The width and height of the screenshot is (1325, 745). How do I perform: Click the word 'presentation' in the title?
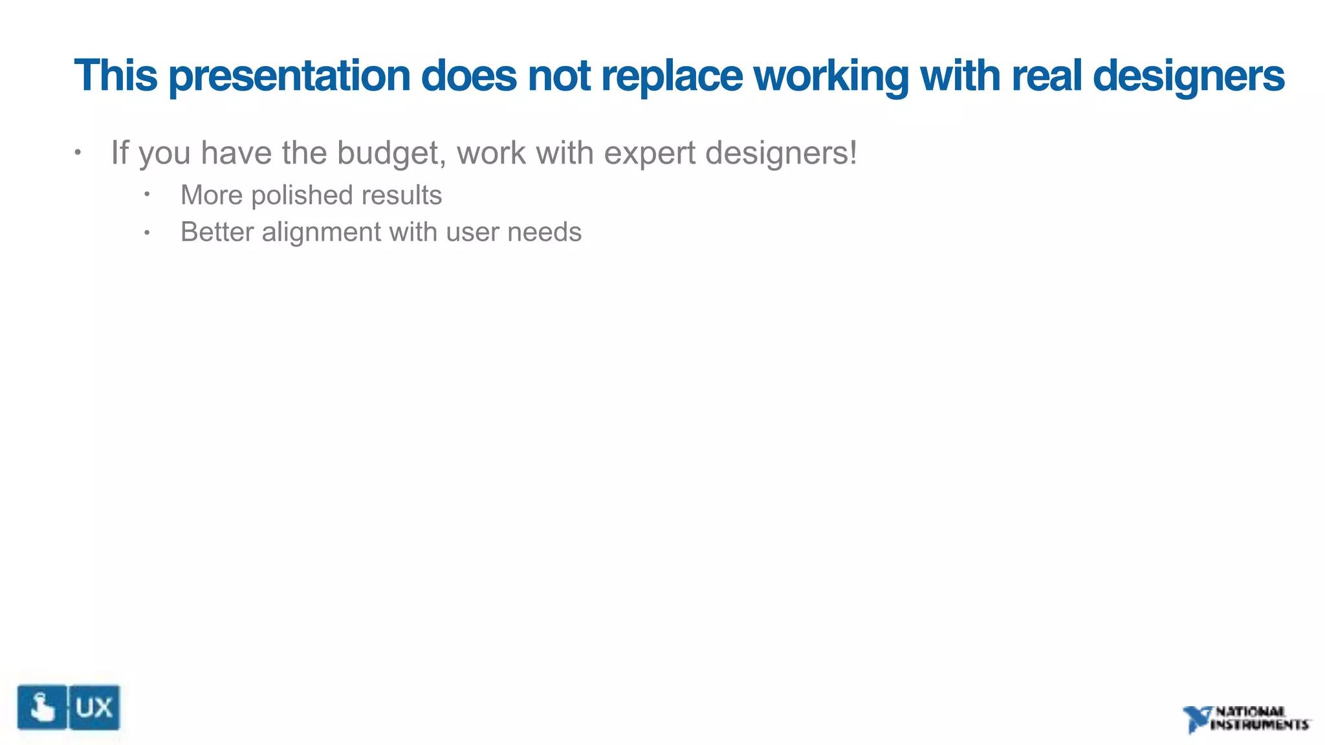point(289,76)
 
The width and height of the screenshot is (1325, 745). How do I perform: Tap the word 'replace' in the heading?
point(672,76)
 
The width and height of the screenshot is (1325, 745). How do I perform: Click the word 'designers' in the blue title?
point(1188,76)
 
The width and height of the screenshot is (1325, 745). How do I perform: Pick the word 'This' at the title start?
point(116,75)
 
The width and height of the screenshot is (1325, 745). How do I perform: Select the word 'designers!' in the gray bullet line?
point(781,154)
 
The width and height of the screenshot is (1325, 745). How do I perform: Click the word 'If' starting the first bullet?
point(120,153)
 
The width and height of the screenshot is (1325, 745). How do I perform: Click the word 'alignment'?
point(322,232)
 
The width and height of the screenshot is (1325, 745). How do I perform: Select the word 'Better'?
point(217,232)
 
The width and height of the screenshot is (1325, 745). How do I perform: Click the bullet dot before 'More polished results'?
point(148,194)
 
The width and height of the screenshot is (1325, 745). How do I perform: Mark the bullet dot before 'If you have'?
point(78,153)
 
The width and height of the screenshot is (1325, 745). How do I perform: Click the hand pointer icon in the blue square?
point(42,707)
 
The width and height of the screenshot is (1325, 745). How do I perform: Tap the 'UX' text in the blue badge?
point(94,708)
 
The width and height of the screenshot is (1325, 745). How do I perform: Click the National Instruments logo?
point(1246,718)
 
